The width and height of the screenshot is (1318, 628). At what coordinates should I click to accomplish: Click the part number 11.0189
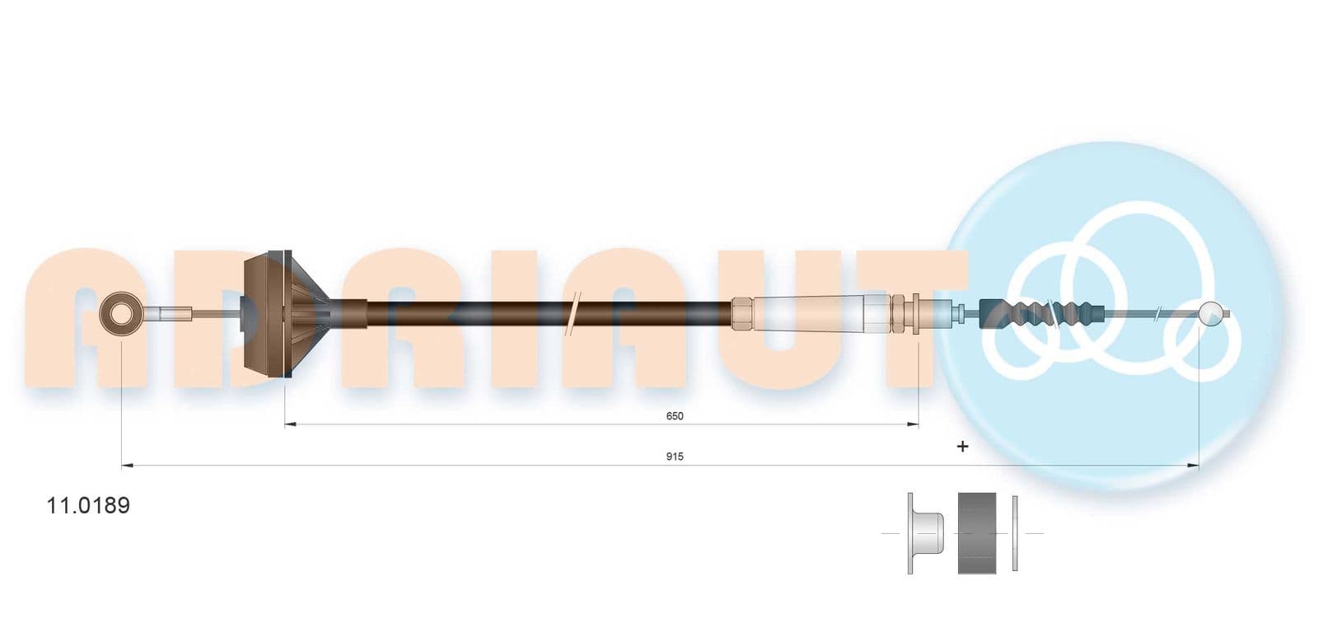tap(88, 505)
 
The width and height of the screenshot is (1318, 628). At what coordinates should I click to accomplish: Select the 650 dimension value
tap(675, 416)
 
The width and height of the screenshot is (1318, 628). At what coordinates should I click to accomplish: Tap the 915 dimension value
tap(675, 457)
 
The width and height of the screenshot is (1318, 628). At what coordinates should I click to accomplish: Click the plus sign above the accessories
tap(963, 447)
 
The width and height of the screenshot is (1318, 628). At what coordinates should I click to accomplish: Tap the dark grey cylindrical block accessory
tap(977, 533)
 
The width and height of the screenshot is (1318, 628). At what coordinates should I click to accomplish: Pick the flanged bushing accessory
tap(924, 533)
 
